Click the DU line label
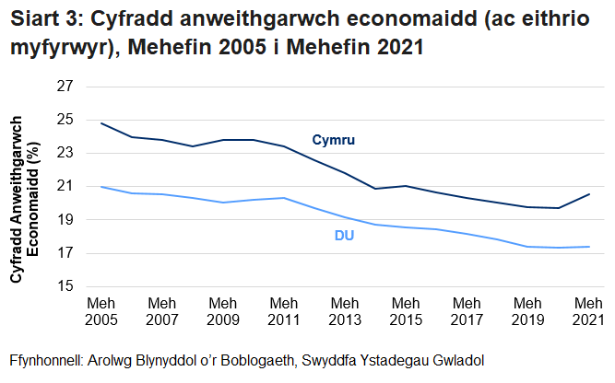pos(344,236)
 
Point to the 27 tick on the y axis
pos(65,86)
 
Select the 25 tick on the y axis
pos(65,120)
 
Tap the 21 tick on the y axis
pos(65,186)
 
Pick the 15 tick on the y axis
pos(65,287)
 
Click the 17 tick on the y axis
pos(65,253)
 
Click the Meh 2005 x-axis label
pos(101,310)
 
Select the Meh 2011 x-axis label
pos(283,310)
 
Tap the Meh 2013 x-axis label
pos(344,310)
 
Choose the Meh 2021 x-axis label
pos(587,310)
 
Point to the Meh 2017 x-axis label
pos(466,310)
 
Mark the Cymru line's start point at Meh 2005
pos(101,123)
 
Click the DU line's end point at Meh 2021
pos(588,246)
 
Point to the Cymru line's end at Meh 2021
pos(588,194)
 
